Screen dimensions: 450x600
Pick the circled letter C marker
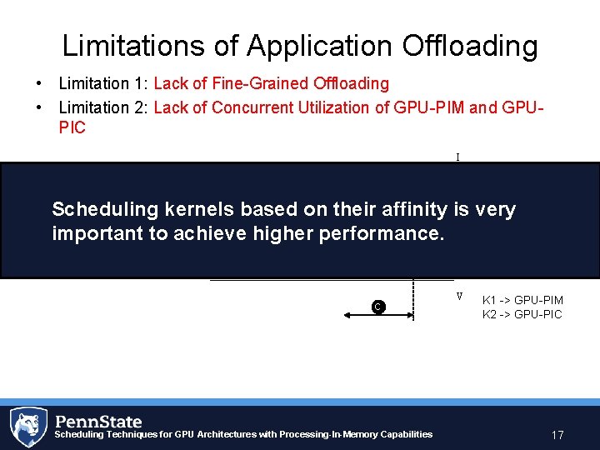pos(377,307)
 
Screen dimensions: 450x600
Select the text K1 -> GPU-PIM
pos(522,299)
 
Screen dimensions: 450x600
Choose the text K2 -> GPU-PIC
pos(522,314)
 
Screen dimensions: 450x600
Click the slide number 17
pos(557,435)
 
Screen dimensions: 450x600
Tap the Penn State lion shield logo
pos(28,427)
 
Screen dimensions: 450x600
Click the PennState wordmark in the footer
pos(100,421)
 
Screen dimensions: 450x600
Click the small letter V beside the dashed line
pos(459,296)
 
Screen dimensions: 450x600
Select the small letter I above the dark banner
pos(457,156)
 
